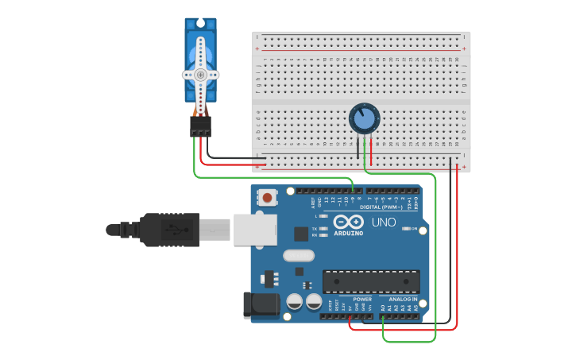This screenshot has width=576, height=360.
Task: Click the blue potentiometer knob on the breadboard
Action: pyautogui.click(x=364, y=119)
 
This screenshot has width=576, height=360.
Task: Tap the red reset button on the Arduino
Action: pyautogui.click(x=269, y=196)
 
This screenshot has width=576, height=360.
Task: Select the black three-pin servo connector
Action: pyautogui.click(x=200, y=126)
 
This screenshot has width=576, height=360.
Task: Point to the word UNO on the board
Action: pyautogui.click(x=384, y=222)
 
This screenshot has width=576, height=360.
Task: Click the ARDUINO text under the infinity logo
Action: pyautogui.click(x=349, y=234)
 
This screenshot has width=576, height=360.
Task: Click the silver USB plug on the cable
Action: pyautogui.click(x=254, y=230)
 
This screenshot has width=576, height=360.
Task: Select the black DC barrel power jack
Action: pyautogui.click(x=263, y=305)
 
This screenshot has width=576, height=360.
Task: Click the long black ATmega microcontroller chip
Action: pyautogui.click(x=371, y=281)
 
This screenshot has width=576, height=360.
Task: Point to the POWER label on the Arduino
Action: pyautogui.click(x=362, y=300)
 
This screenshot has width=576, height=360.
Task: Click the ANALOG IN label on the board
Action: pyautogui.click(x=403, y=300)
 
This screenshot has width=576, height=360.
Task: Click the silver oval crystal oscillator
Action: pyautogui.click(x=299, y=256)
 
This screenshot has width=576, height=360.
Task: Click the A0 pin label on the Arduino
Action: pyautogui.click(x=382, y=308)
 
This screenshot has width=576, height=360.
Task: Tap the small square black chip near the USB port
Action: pyautogui.click(x=301, y=234)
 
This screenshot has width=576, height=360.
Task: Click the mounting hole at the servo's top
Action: pyautogui.click(x=201, y=22)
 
